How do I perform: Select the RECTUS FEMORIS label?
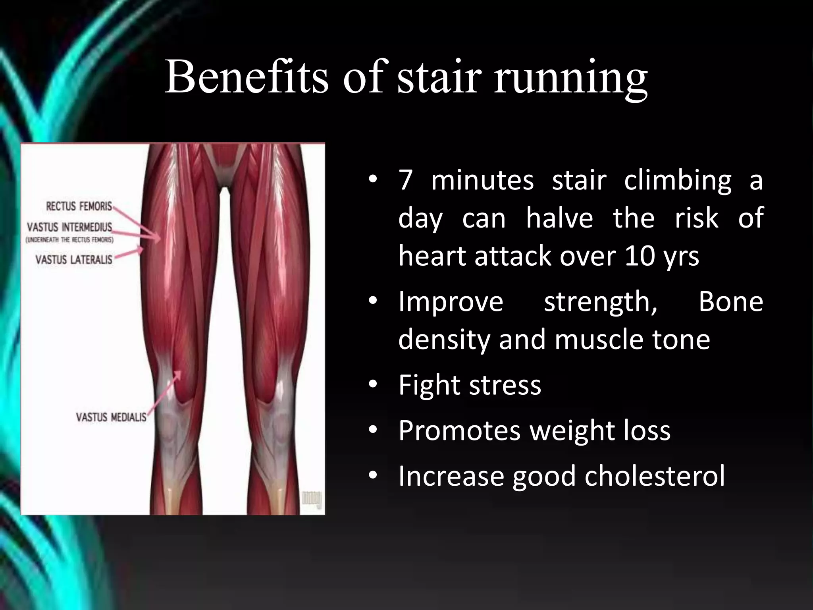click(79, 206)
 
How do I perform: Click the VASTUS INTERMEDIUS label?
click(69, 227)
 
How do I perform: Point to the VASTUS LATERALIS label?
click(74, 260)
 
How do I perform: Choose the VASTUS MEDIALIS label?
click(111, 417)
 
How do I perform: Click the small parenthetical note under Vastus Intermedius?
click(70, 240)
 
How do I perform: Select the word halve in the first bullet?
click(559, 218)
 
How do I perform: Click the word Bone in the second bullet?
click(730, 302)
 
